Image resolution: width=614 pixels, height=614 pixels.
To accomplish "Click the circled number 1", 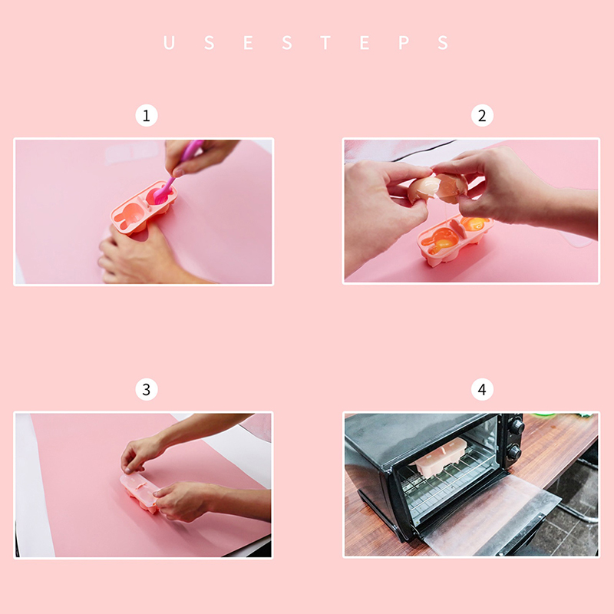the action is (147, 116).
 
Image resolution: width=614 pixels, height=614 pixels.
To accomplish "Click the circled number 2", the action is (482, 116).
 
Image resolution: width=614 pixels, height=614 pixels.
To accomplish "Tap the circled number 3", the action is (147, 389).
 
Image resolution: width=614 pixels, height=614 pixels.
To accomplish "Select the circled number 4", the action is (482, 389).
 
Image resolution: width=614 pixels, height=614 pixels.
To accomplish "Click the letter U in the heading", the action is (169, 42).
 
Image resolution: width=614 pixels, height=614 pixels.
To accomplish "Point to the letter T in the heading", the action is (325, 42).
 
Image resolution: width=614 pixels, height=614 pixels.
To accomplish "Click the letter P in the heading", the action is (404, 42).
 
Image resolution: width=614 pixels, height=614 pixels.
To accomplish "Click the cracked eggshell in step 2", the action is (437, 188).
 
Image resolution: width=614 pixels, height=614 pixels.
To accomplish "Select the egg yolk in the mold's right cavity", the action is (474, 224).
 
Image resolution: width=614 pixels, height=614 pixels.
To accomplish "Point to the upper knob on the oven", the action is (517, 427).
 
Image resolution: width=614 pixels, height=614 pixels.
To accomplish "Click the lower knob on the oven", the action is (513, 453).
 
